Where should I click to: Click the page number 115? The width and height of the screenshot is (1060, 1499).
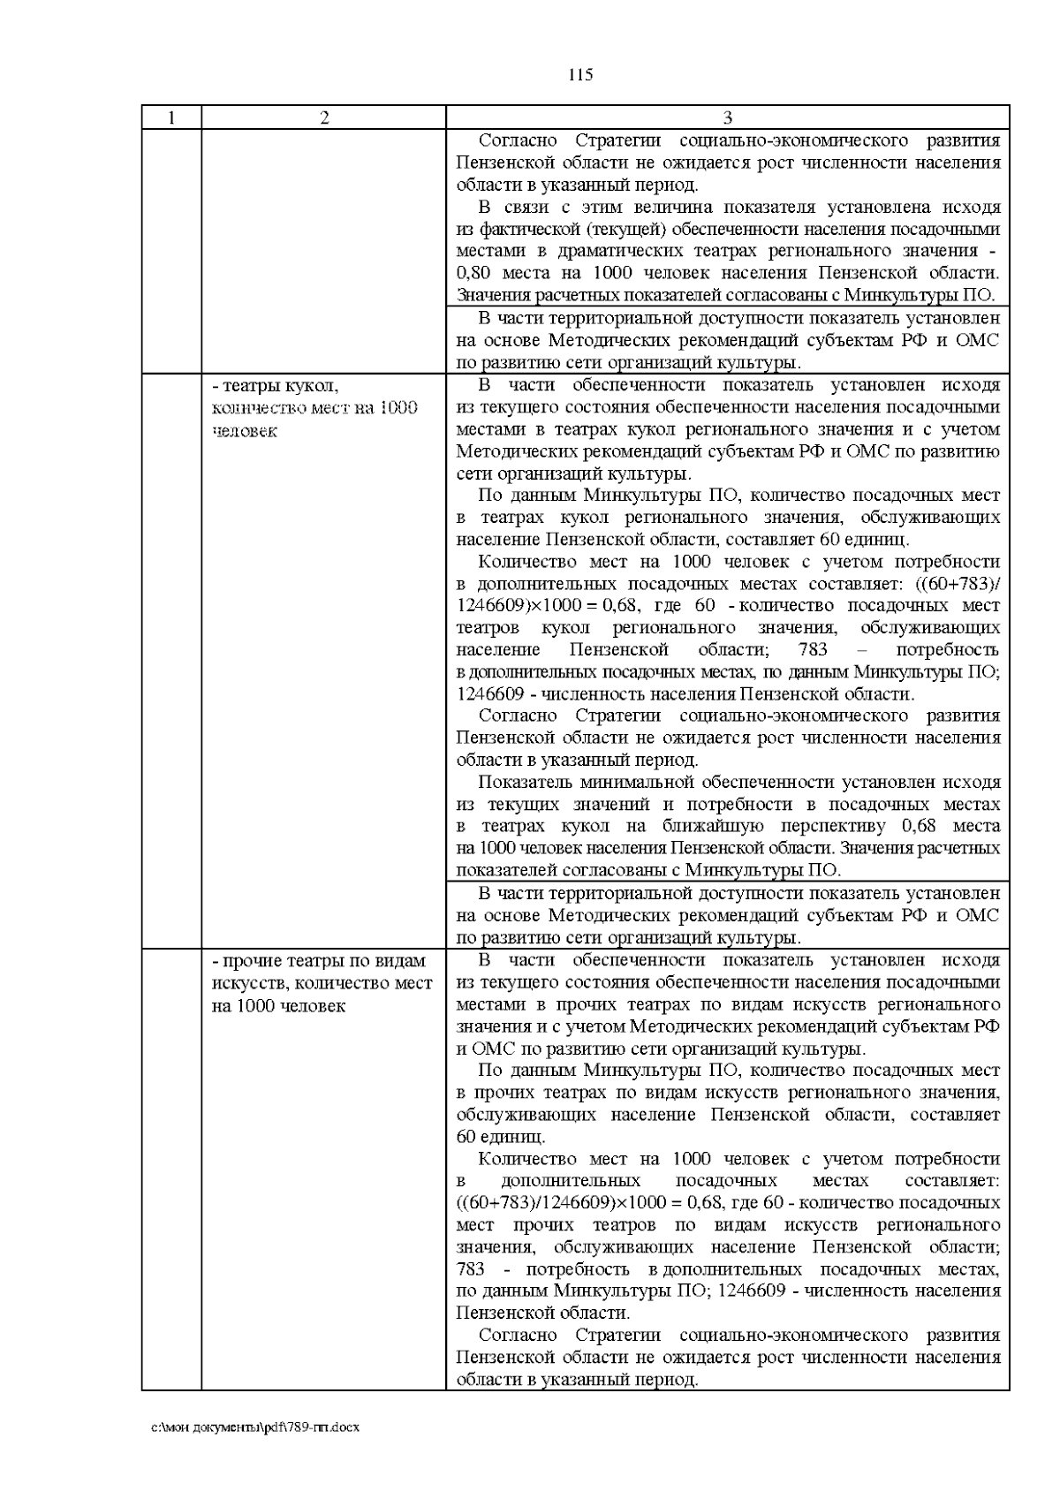579,74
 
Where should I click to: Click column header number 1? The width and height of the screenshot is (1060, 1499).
171,117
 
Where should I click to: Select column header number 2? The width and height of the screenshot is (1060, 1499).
324,117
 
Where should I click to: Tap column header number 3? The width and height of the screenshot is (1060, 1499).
727,117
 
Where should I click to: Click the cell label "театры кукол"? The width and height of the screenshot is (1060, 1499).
276,386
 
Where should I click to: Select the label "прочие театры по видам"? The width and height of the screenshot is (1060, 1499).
319,961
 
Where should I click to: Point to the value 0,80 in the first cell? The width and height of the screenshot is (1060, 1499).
475,273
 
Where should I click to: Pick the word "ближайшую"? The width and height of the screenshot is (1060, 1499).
701,827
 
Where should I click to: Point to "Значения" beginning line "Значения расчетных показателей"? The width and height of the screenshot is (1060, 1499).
490,295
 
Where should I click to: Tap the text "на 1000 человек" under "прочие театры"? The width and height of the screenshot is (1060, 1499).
278,1006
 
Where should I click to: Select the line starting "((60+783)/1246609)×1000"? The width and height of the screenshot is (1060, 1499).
728,1203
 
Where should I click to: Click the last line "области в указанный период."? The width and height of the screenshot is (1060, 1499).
577,1380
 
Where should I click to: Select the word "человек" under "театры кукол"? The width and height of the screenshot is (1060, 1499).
245,431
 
